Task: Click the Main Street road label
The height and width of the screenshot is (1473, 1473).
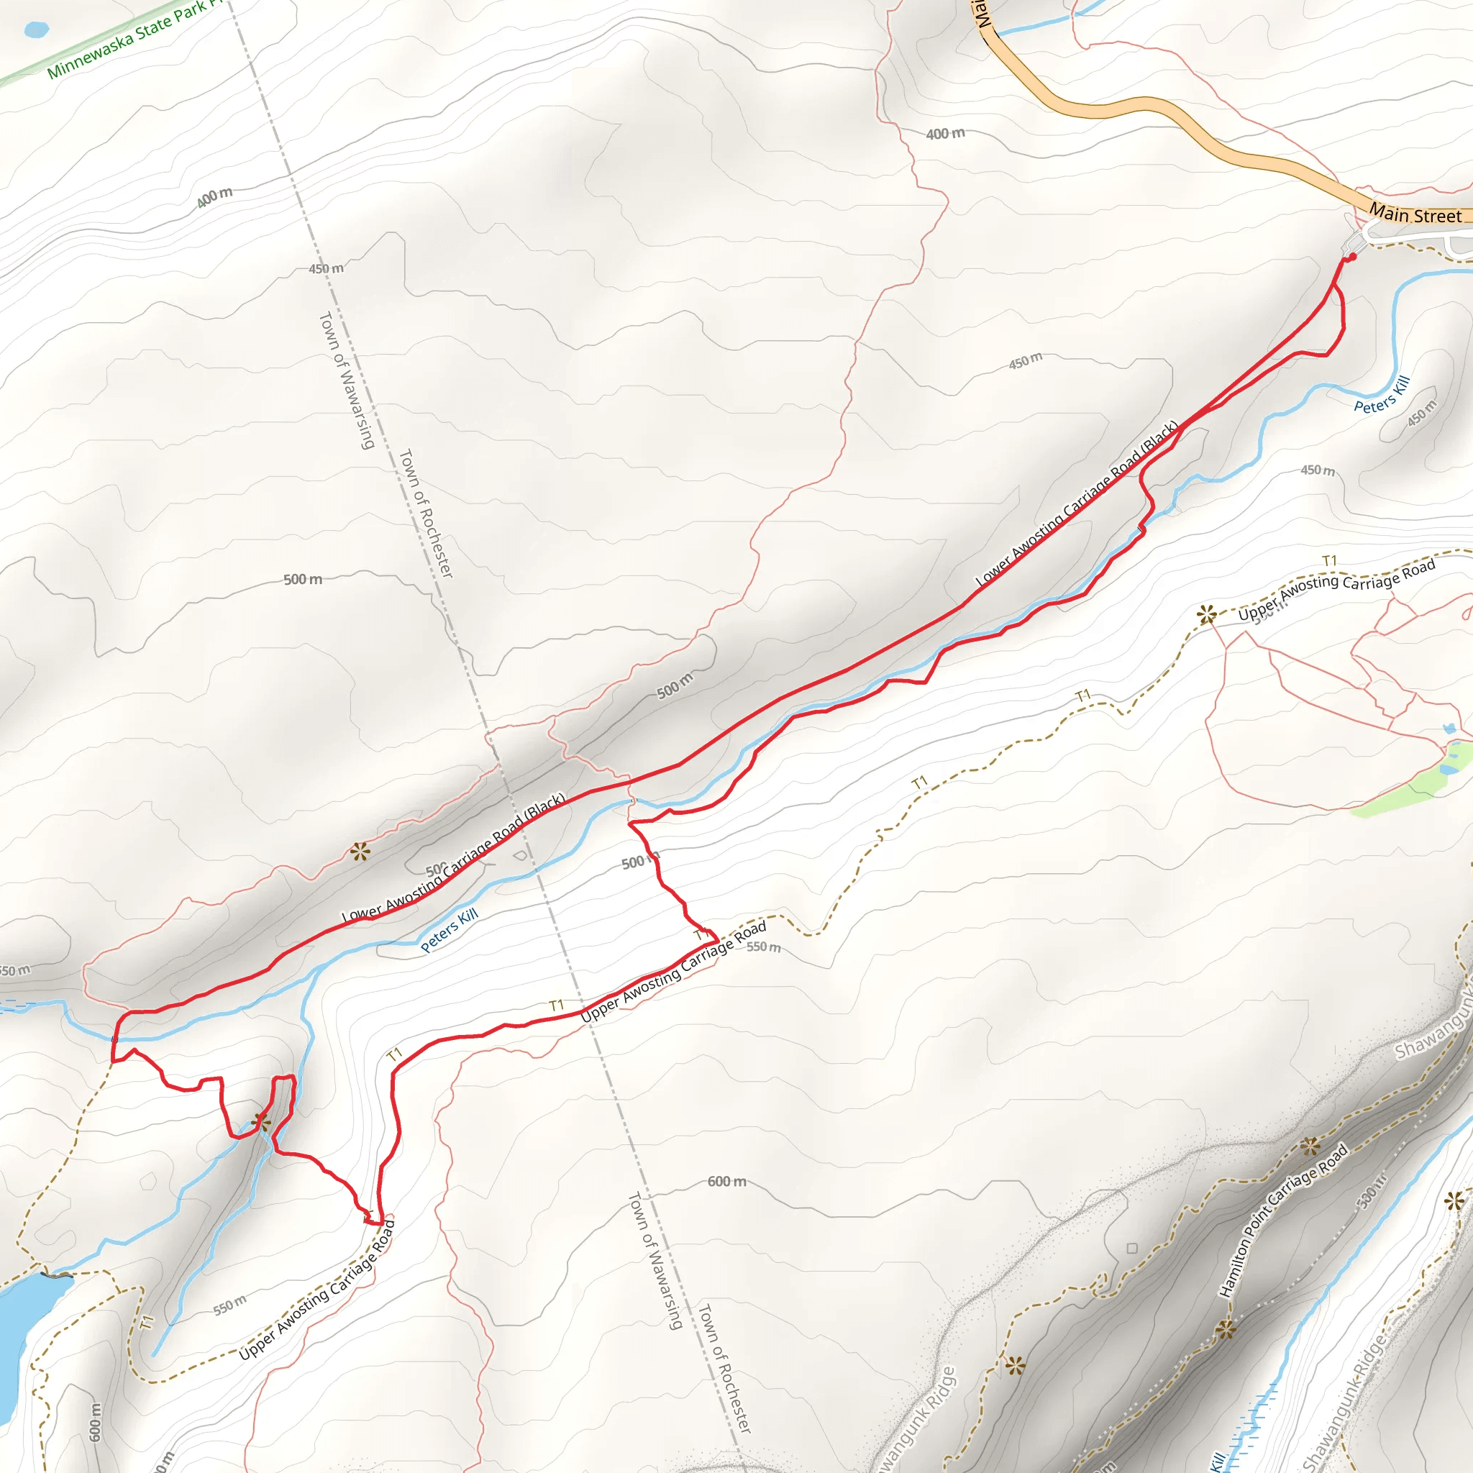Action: coord(1415,215)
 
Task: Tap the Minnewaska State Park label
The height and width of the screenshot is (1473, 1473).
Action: coord(129,38)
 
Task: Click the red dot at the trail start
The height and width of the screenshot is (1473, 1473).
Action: coord(1351,257)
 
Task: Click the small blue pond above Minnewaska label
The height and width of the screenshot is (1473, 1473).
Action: coord(36,29)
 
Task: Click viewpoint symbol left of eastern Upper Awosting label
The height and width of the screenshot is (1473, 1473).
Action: coord(1205,614)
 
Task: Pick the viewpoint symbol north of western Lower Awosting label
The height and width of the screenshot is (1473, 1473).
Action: coord(360,852)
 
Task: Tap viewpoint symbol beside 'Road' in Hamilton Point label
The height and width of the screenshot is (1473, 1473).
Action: coord(1310,1146)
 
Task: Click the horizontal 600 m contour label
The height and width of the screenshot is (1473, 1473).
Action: coord(726,1181)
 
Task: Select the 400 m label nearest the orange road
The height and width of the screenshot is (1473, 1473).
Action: coord(945,134)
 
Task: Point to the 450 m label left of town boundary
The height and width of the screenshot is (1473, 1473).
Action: coord(327,268)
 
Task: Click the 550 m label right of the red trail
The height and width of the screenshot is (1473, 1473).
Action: coord(763,947)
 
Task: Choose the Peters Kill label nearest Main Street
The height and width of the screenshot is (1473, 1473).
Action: coord(1382,395)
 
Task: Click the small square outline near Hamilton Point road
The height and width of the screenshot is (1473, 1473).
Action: coord(1132,1248)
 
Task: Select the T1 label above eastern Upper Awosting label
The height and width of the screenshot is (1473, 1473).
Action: coord(1331,561)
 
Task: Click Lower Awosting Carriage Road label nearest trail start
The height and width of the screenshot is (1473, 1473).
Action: coord(1077,503)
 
